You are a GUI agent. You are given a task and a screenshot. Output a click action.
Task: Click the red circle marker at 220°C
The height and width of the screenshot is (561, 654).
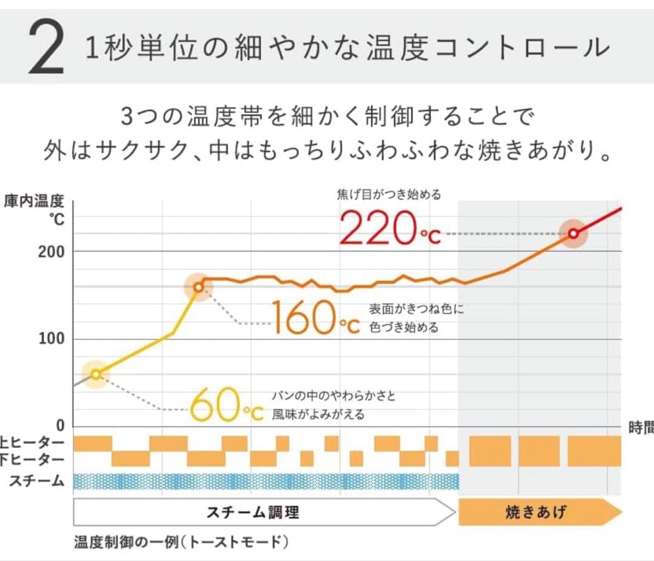point(573,233)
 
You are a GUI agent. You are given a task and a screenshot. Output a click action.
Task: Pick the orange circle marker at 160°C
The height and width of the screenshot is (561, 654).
point(198,287)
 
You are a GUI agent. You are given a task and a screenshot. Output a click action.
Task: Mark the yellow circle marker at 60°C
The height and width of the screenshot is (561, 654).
point(95,374)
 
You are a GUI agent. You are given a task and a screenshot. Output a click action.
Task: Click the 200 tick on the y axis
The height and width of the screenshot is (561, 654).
point(51,251)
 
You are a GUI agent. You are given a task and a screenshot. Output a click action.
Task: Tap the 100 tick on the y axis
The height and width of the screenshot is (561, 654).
point(51,338)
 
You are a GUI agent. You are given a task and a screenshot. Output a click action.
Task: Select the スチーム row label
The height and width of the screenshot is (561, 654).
point(37,481)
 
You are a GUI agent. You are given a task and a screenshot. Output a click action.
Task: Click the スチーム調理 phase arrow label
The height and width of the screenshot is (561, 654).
point(253,512)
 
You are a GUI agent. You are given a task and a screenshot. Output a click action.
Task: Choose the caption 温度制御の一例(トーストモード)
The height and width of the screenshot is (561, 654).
point(180,542)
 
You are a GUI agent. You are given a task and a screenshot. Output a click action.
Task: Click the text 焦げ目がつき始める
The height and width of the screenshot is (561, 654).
point(389,195)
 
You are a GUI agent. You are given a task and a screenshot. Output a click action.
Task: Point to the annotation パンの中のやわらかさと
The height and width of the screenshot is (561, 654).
point(334,397)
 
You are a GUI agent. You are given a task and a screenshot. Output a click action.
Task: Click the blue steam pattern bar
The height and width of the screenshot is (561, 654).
point(266,481)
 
